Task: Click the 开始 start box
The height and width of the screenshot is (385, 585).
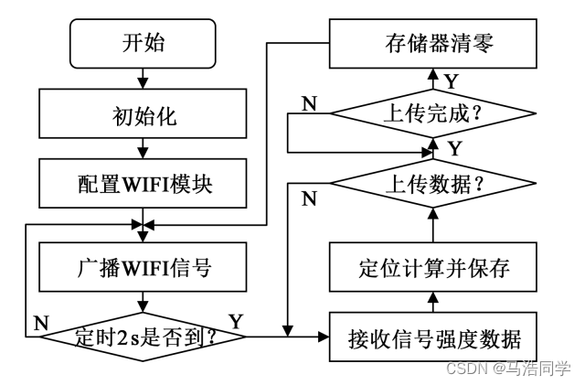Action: pyautogui.click(x=144, y=42)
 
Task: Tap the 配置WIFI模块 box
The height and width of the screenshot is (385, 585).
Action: pyautogui.click(x=144, y=184)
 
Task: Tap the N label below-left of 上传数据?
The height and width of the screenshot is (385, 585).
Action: pyautogui.click(x=309, y=198)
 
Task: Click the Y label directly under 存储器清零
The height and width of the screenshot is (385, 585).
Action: pyautogui.click(x=451, y=81)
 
